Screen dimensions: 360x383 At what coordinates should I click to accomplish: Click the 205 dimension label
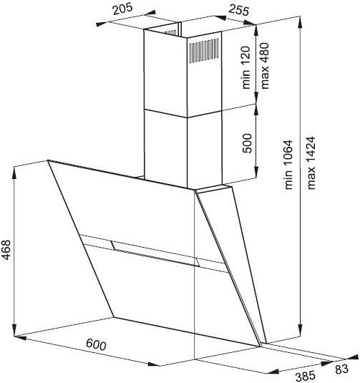click(122, 9)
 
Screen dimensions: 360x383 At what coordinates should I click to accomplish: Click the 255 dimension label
click(238, 10)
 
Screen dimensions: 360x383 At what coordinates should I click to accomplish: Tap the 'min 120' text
click(246, 67)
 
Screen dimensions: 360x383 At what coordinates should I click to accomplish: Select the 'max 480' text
click(265, 66)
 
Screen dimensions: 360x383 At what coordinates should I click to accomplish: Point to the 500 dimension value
click(247, 143)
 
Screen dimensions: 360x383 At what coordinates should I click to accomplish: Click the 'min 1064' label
click(288, 165)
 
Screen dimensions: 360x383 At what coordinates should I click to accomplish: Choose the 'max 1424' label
click(311, 163)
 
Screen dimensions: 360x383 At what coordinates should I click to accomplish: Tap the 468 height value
click(6, 250)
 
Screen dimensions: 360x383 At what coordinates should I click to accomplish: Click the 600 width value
click(96, 344)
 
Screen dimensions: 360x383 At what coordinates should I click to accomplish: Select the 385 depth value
click(306, 376)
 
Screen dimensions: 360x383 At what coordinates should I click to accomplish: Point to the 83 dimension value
click(341, 369)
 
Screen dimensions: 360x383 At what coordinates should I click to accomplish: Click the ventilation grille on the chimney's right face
click(204, 50)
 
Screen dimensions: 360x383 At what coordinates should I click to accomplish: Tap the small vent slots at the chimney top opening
click(170, 32)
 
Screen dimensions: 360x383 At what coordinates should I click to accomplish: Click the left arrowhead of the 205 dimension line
click(101, 24)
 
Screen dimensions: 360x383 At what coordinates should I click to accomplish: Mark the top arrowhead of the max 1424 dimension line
click(300, 21)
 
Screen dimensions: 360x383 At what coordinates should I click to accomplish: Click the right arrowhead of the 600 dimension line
click(154, 364)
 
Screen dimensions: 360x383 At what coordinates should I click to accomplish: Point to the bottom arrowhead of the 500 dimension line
click(256, 173)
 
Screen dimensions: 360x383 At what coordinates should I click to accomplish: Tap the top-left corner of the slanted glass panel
click(48, 160)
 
